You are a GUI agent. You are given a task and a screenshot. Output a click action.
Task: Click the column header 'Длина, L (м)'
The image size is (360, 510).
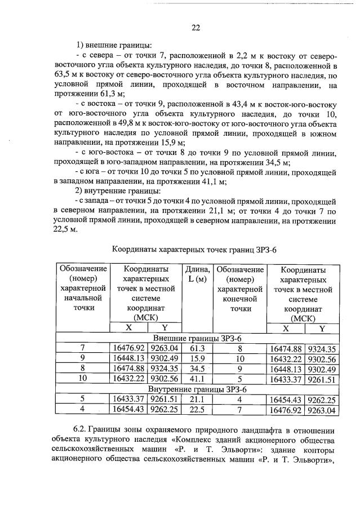[197, 274]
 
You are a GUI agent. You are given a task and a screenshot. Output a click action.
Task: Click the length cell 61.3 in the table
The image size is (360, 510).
[197, 348]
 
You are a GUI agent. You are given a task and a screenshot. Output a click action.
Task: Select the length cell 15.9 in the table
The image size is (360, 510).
[197, 358]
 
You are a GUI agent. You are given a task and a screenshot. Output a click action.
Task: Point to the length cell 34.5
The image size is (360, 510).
[197, 369]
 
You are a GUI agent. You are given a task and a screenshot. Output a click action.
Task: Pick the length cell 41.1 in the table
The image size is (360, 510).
[197, 379]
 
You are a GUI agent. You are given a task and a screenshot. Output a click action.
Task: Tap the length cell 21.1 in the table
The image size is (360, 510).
[197, 400]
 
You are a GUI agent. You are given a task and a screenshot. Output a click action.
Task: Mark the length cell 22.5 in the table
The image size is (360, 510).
[197, 410]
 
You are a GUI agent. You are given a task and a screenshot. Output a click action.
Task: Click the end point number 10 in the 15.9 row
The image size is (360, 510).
[239, 358]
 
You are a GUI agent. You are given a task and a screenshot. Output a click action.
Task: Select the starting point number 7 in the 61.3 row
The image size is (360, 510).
[82, 348]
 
